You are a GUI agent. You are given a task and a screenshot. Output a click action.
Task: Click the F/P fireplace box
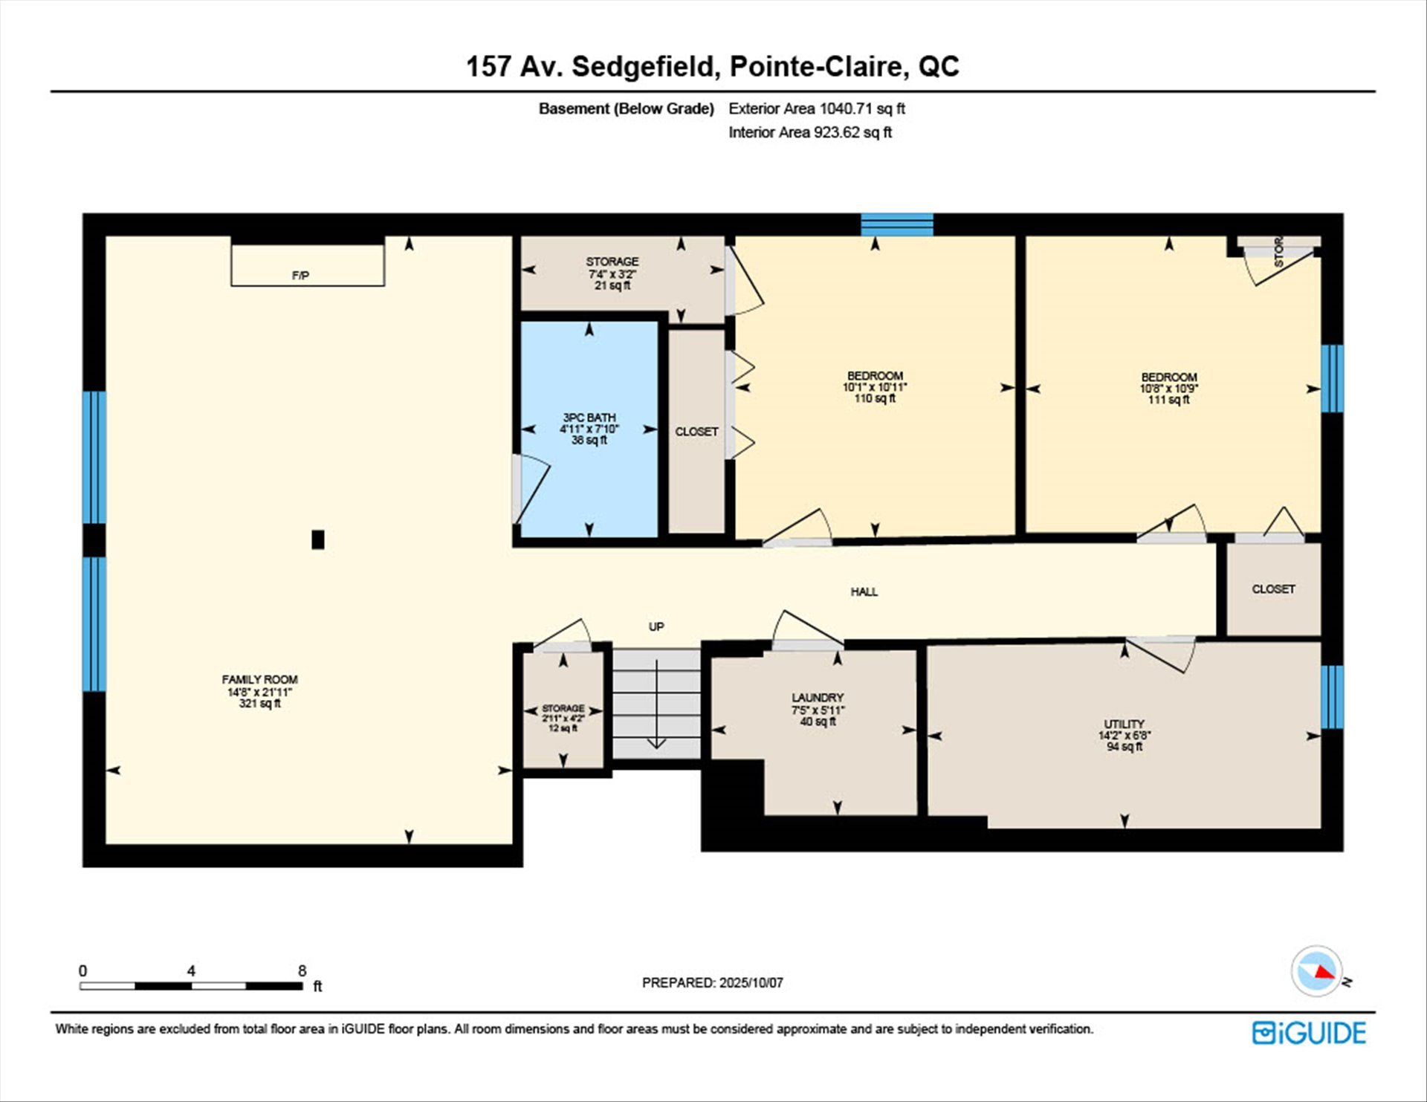[308, 265]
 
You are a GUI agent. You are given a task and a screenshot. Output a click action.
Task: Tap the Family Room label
[259, 691]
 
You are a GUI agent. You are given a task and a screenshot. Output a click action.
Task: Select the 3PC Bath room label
[589, 429]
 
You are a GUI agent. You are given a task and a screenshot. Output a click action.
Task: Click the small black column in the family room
[318, 539]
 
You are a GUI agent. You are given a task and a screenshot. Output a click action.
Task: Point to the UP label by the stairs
[656, 626]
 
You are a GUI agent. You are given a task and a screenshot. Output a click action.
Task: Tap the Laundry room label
[818, 710]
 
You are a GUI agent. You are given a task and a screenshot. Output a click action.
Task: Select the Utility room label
[1125, 735]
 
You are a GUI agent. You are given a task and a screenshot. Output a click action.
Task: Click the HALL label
[864, 591]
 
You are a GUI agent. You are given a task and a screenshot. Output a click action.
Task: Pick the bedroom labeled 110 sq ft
[875, 387]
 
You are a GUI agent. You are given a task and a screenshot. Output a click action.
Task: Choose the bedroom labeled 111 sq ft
[1169, 388]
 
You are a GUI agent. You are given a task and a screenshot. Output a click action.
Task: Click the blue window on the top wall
[897, 224]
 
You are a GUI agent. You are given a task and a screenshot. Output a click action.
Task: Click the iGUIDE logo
[1309, 1033]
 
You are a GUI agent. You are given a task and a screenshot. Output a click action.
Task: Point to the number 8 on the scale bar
[302, 970]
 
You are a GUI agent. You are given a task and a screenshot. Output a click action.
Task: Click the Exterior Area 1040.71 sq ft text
[817, 108]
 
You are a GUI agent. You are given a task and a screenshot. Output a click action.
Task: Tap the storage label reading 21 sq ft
[612, 273]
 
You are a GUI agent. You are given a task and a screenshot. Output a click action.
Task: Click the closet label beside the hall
[1273, 589]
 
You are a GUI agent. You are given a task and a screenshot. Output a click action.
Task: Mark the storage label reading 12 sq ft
[563, 718]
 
